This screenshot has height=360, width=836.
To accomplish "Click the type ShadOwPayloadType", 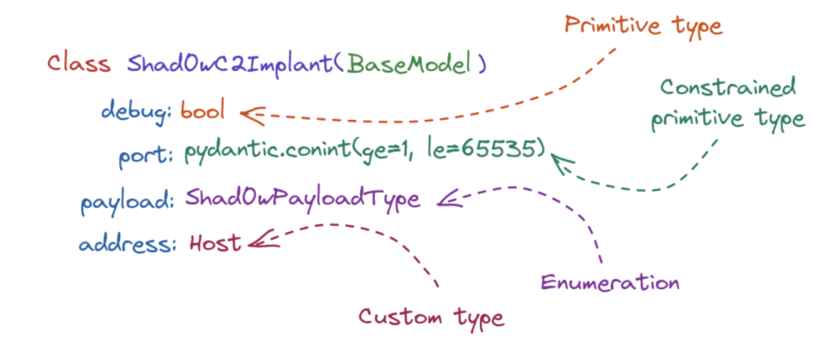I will (x=303, y=198).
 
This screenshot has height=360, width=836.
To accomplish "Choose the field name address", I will (x=126, y=244).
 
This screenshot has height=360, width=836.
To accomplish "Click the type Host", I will (x=214, y=242).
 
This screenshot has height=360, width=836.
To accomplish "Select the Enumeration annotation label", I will (x=609, y=282).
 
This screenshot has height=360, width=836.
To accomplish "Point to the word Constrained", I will (x=727, y=89).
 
